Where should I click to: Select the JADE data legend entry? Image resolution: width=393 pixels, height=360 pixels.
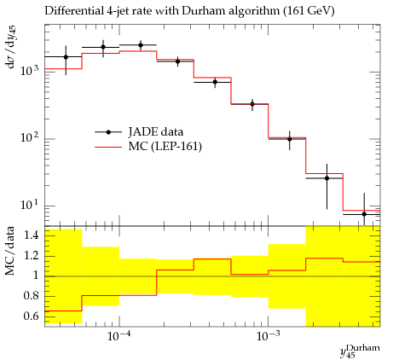139,132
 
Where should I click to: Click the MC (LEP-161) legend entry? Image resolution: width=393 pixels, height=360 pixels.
148,147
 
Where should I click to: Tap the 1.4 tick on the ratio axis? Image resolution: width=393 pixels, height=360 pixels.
32,235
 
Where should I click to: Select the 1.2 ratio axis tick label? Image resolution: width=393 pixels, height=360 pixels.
32,255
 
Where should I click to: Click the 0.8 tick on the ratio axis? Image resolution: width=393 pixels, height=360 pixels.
32,296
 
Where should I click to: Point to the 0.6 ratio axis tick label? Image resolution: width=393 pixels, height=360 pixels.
32,316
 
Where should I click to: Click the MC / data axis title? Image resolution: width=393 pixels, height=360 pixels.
9,251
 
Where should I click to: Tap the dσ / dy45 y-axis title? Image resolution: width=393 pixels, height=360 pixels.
11,47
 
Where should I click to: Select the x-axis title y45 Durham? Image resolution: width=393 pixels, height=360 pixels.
360,351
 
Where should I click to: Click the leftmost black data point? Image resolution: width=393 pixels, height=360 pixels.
66,57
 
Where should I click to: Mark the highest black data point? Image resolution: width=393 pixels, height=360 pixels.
141,45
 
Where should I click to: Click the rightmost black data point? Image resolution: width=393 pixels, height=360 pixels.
364,214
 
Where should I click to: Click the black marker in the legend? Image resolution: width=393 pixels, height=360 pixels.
108,132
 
